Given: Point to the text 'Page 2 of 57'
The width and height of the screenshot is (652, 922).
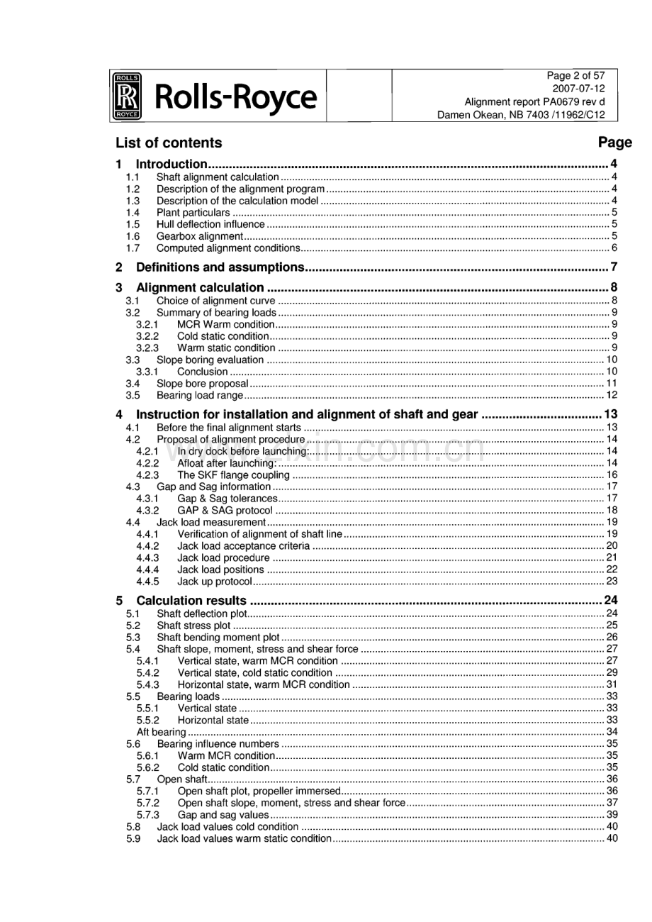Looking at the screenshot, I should pos(575,76).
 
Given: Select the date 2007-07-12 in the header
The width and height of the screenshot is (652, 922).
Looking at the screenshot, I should pos(579,89).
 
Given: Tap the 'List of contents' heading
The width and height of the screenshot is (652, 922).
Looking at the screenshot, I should pos(169,143).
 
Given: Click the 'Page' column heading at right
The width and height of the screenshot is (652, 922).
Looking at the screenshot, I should pos(614,143).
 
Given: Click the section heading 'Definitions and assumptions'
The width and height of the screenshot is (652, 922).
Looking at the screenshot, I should pos(220,267).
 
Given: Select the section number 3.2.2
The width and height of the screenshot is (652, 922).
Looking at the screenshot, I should pos(147,335).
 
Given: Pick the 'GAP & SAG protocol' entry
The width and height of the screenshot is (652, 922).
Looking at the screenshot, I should pos(225,510).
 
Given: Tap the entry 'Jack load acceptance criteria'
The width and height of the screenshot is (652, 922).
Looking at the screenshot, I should pos(243,545).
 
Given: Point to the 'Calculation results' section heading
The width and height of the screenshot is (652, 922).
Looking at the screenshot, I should pos(191,601).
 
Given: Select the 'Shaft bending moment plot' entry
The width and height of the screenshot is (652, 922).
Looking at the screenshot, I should pos(218,637).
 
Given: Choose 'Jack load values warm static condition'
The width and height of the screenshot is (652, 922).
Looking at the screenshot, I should pos(244,838).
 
